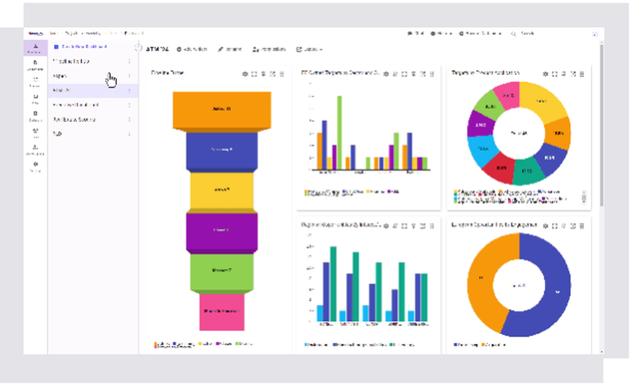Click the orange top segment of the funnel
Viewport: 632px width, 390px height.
pos(222,109)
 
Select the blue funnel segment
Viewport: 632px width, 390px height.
pos(222,150)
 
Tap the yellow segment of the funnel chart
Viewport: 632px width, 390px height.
pos(222,190)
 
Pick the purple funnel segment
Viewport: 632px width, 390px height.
pos(222,231)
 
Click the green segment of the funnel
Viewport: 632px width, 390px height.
pos(222,271)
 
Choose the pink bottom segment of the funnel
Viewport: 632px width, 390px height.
pos(222,312)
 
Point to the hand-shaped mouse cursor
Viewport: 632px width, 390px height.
pos(111,80)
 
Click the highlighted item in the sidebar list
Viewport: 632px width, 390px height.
pos(88,90)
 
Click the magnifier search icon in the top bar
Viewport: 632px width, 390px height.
pos(513,34)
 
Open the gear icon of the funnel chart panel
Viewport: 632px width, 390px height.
pos(245,74)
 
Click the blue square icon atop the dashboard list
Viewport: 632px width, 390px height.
pos(56,47)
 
